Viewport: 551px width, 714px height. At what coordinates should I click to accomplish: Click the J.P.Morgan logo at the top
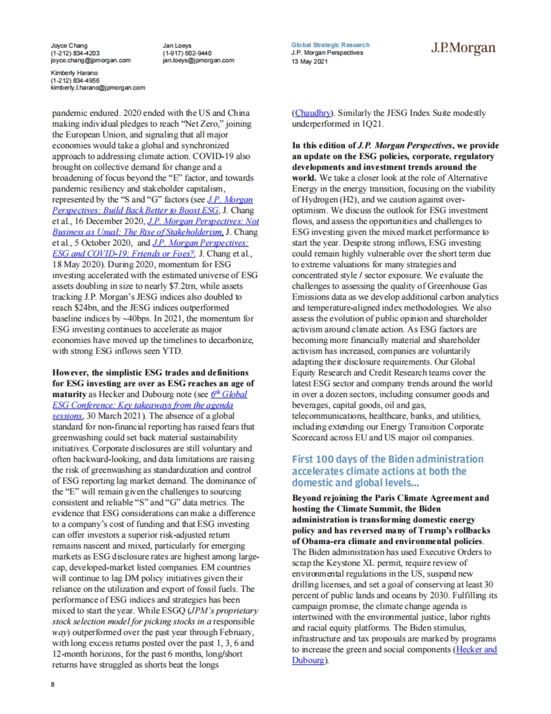[x=463, y=48]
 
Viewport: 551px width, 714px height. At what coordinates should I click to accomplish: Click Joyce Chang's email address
[x=90, y=60]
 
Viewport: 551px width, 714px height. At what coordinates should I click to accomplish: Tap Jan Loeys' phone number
[x=187, y=53]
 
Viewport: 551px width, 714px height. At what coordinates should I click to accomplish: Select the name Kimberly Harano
[x=74, y=73]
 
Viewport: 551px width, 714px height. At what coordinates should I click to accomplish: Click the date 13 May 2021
[x=309, y=61]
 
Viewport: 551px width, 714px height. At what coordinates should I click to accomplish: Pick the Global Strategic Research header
[x=330, y=45]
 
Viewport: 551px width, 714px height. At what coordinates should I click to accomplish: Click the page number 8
[x=53, y=684]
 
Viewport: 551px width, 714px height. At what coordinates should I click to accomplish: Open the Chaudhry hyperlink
[x=312, y=113]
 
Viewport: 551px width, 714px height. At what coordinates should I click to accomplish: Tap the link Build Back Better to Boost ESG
[x=135, y=210]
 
